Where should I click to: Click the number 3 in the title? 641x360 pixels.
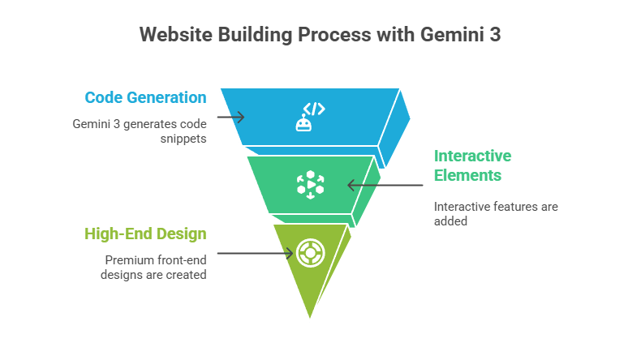tap(495, 36)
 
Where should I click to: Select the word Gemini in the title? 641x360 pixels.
tap(446, 36)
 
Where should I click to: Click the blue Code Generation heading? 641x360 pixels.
tap(145, 97)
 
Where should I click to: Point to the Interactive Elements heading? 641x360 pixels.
tap(472, 165)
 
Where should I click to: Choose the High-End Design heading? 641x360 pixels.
tap(145, 234)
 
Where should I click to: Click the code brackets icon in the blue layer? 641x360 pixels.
tap(314, 109)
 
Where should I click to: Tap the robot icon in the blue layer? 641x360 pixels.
tap(303, 123)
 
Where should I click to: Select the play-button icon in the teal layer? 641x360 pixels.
tap(310, 185)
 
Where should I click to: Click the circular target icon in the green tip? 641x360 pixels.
tap(310, 253)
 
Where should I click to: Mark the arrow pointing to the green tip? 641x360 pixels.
tap(256, 253)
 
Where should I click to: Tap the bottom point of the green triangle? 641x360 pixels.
tap(310, 318)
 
